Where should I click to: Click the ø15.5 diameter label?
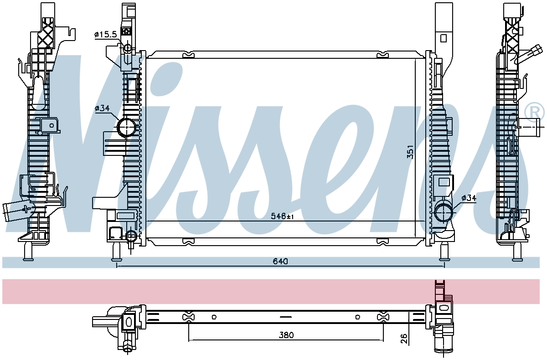[x=106, y=35]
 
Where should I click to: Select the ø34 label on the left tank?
[x=102, y=108]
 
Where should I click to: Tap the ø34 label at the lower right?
[x=469, y=198]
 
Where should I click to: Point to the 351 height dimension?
[x=410, y=152]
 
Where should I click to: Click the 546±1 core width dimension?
[x=282, y=216]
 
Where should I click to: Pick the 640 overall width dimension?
[x=280, y=262]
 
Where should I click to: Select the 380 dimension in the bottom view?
[x=286, y=335]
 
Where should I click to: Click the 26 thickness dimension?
[x=404, y=339]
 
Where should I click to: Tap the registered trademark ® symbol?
[x=535, y=112]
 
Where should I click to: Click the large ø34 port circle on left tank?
[x=127, y=127]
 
